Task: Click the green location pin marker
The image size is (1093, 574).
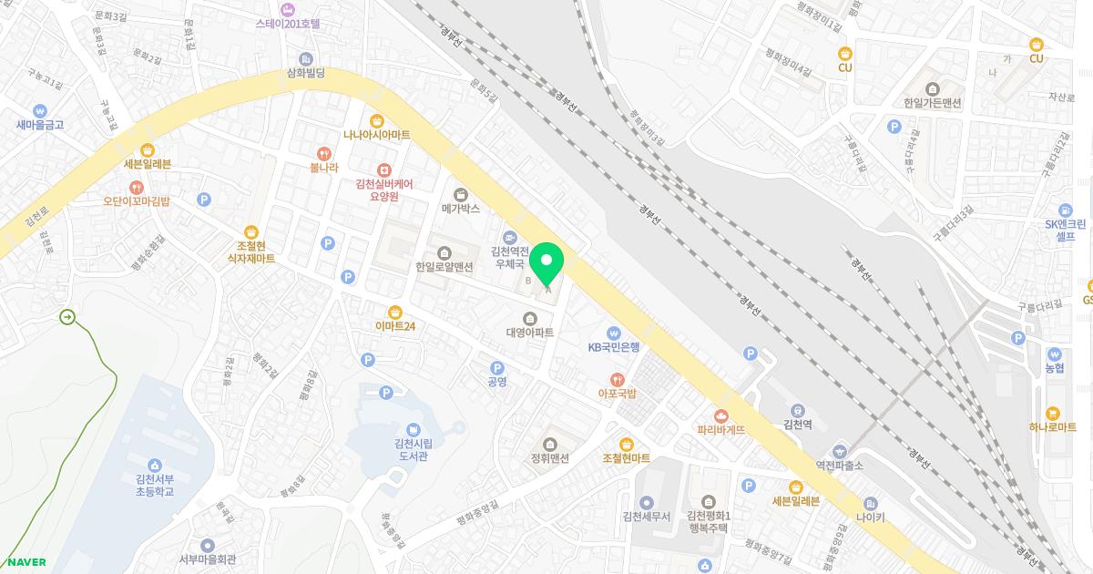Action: pyautogui.click(x=546, y=265)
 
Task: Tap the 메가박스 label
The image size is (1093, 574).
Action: pyautogui.click(x=460, y=209)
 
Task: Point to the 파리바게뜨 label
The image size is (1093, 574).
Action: pyautogui.click(x=721, y=428)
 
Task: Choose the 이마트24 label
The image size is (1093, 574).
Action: pyautogui.click(x=394, y=326)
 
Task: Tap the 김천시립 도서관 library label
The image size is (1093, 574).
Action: pyautogui.click(x=413, y=449)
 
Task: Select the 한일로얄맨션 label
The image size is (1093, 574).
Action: pyautogui.click(x=444, y=267)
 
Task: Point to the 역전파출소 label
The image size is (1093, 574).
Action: pyautogui.click(x=839, y=465)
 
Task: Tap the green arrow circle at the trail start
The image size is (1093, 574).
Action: pyautogui.click(x=67, y=317)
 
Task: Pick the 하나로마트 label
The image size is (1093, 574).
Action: pyautogui.click(x=1054, y=427)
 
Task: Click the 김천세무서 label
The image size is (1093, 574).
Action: pyautogui.click(x=646, y=516)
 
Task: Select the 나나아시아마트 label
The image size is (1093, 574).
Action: pyautogui.click(x=376, y=135)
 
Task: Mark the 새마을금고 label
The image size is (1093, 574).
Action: pyautogui.click(x=40, y=124)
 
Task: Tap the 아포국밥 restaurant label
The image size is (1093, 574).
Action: pyautogui.click(x=617, y=393)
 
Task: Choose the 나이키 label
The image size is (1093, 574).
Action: pyautogui.click(x=870, y=518)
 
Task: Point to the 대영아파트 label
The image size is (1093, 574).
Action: pyautogui.click(x=529, y=333)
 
